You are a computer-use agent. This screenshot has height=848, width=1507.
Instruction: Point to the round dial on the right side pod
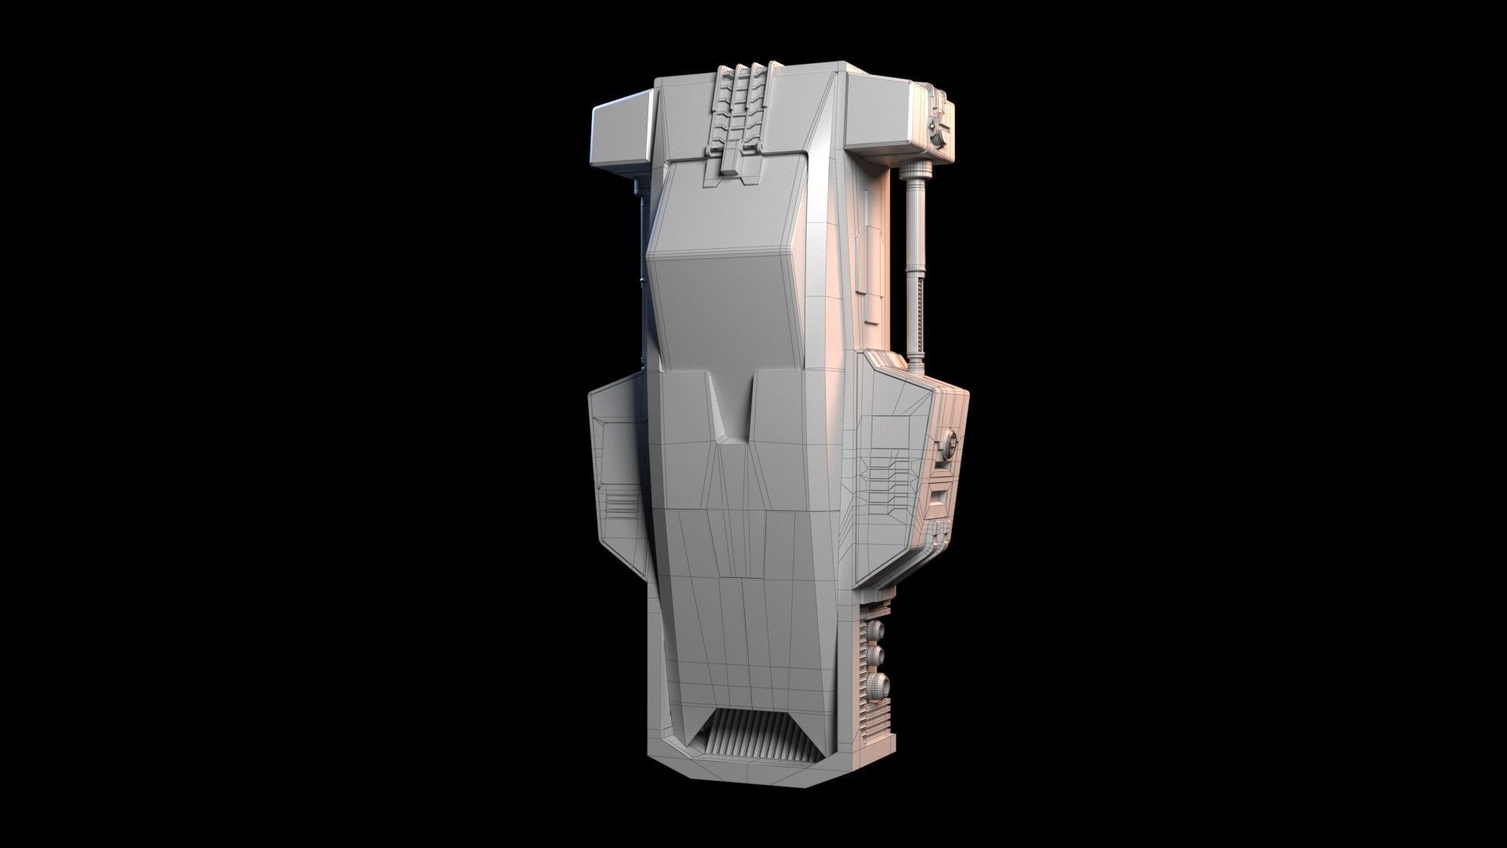pos(948,446)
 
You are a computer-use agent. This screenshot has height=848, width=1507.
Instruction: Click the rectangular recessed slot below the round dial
pos(940,496)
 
